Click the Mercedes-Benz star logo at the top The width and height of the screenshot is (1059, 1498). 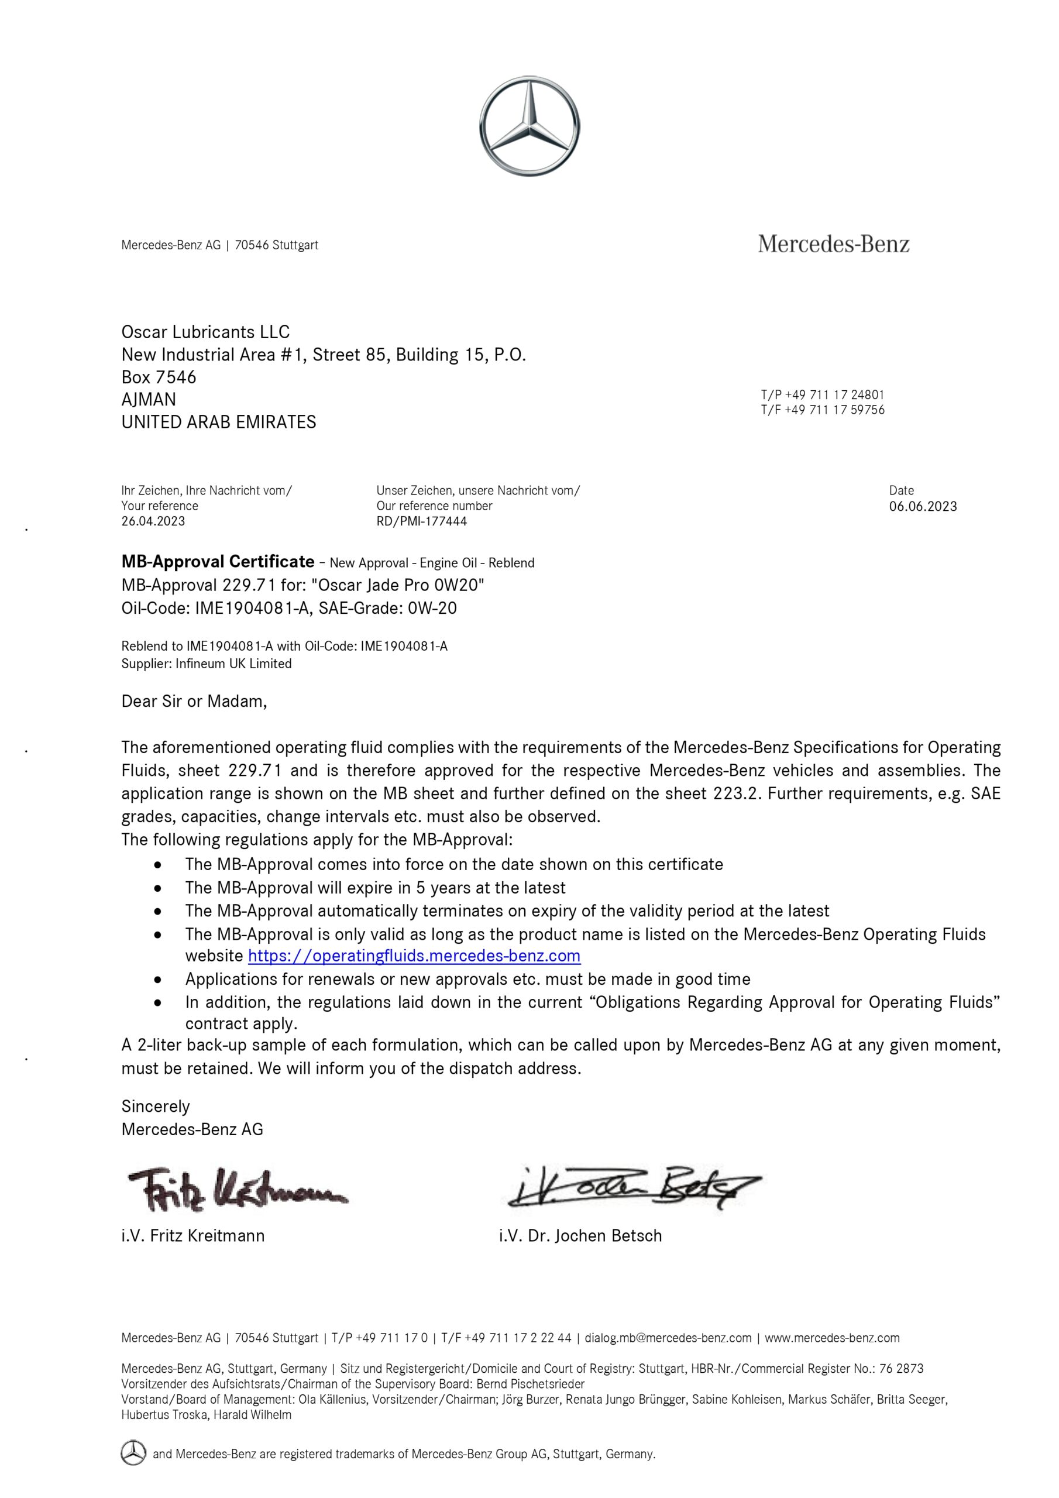click(x=529, y=126)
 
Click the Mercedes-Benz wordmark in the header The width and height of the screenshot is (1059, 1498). click(x=833, y=244)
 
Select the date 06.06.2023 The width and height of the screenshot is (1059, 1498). click(x=923, y=506)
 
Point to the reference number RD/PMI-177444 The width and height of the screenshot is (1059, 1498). click(x=421, y=521)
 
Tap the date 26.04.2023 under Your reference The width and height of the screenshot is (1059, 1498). click(x=153, y=521)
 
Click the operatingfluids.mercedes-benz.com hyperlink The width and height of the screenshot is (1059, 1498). click(x=414, y=956)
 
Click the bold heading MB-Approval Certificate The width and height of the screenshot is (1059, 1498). click(x=218, y=562)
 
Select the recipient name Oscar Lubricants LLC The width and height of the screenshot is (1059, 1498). click(x=205, y=332)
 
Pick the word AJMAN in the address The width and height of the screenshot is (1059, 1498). click(x=148, y=399)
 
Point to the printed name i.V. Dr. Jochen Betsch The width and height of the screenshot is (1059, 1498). click(x=580, y=1236)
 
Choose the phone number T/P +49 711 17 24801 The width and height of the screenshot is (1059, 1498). click(x=822, y=395)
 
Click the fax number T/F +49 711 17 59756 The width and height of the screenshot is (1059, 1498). click(x=822, y=410)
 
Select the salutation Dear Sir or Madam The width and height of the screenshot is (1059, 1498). click(x=194, y=702)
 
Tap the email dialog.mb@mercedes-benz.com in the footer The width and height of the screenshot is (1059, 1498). click(x=668, y=1338)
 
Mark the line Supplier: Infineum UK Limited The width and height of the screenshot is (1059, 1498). click(x=206, y=664)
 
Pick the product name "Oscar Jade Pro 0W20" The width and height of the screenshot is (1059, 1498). click(x=397, y=585)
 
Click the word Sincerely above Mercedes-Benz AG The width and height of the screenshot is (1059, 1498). click(x=155, y=1107)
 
